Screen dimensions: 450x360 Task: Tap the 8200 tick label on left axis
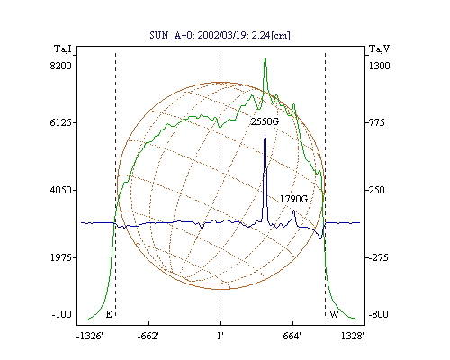(x=61, y=66)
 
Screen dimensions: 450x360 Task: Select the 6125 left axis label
(x=61, y=122)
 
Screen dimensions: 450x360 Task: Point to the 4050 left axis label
(x=61, y=190)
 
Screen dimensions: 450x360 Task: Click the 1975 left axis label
(x=61, y=257)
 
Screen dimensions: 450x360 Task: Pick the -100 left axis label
(x=62, y=314)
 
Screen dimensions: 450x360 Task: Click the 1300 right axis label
(x=379, y=66)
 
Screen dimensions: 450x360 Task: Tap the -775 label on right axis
(x=376, y=122)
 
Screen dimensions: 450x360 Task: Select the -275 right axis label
(x=378, y=257)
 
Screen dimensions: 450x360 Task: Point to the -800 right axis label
(x=378, y=314)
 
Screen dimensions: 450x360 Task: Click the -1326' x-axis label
(x=90, y=336)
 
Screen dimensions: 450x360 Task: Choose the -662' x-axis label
(x=148, y=336)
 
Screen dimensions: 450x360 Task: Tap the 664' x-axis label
(x=292, y=336)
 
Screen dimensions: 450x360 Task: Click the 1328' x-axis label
(x=353, y=336)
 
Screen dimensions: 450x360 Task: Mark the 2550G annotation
(x=265, y=121)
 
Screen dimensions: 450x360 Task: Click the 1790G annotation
(x=293, y=199)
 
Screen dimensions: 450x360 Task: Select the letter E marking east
(x=109, y=314)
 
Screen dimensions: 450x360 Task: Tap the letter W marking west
(x=334, y=314)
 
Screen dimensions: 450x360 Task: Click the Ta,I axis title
(x=63, y=49)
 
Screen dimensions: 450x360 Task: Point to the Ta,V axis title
(x=379, y=49)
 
